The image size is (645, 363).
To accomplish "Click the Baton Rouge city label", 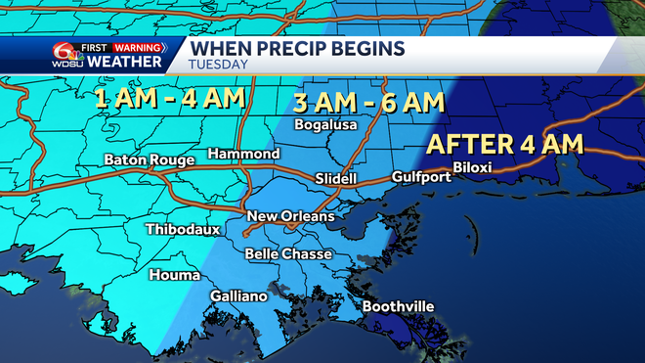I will click(x=143, y=159).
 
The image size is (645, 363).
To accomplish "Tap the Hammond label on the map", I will click(x=244, y=155).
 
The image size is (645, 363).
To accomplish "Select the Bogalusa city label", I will click(x=326, y=125).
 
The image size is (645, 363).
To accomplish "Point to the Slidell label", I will click(x=339, y=178).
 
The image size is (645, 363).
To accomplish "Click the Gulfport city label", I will click(x=420, y=177).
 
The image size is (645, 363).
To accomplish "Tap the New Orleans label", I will click(x=290, y=216).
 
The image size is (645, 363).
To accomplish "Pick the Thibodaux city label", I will click(x=183, y=230).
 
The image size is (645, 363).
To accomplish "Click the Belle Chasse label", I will click(x=288, y=254).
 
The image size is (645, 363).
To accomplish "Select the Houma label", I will click(x=173, y=275).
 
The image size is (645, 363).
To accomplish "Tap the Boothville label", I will click(x=398, y=307).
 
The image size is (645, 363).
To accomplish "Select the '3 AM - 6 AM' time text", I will click(x=369, y=102).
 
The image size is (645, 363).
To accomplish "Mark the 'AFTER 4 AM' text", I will click(x=505, y=146).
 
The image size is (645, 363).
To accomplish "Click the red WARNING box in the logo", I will click(x=136, y=46).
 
